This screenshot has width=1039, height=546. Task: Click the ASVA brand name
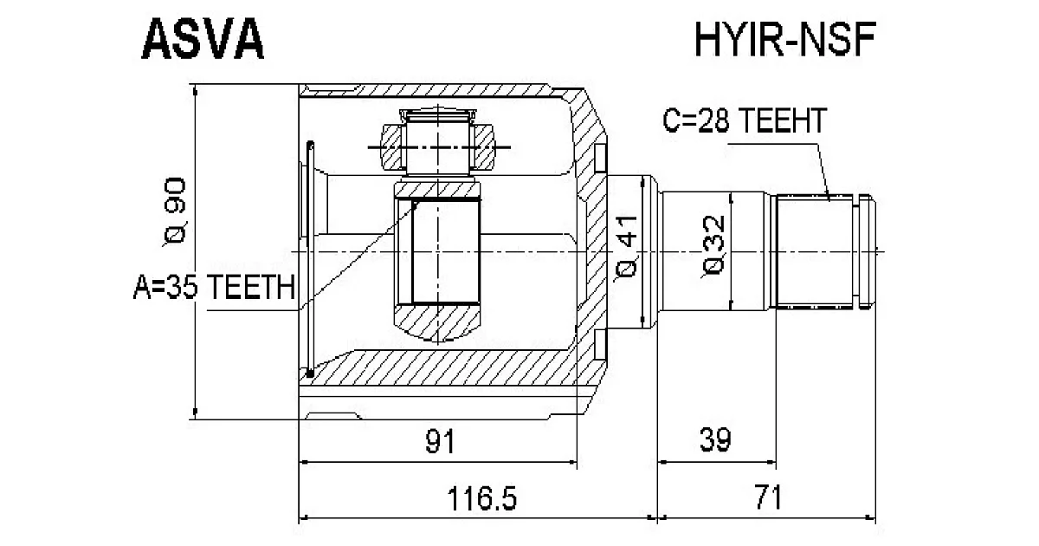coord(203,39)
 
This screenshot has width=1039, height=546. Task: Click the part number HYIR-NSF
coord(784,40)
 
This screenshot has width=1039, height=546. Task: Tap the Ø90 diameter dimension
coord(175,211)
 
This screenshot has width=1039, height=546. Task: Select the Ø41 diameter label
coord(626,248)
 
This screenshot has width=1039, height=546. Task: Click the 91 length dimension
coord(440,441)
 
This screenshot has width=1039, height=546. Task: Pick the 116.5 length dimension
coord(481,498)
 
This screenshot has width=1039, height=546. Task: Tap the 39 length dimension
coord(715,439)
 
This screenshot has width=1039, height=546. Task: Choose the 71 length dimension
coord(768,497)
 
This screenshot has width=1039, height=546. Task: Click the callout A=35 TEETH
coord(215,287)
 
